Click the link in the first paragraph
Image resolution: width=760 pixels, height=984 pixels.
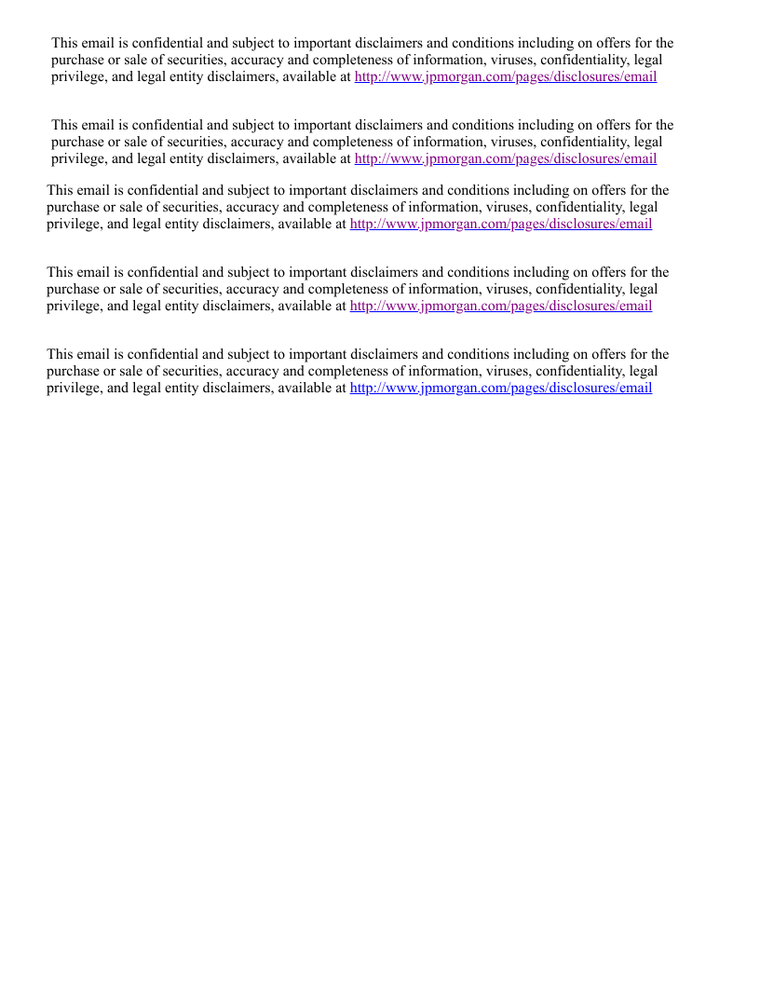(506, 76)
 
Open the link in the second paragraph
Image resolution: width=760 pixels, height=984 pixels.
(506, 158)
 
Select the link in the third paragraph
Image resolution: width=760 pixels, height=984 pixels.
(501, 224)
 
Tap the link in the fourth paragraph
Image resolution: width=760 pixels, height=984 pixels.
(501, 306)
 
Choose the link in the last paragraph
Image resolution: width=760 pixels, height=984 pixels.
(501, 388)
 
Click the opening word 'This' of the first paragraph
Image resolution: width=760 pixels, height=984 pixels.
(65, 43)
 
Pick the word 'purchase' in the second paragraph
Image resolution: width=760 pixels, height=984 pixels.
(77, 142)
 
